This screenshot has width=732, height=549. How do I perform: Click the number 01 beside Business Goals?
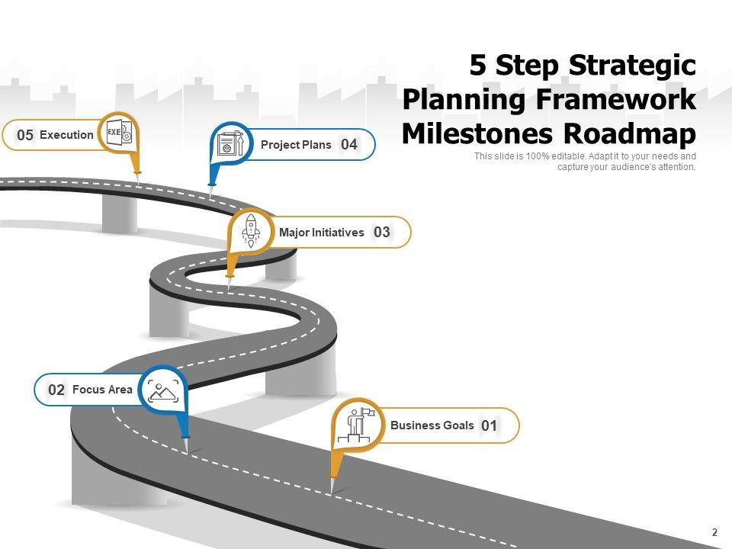pyautogui.click(x=490, y=426)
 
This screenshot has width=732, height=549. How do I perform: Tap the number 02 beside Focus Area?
pyautogui.click(x=56, y=390)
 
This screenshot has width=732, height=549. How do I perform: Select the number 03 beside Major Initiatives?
pyautogui.click(x=382, y=233)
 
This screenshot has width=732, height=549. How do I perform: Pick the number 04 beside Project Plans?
pyautogui.click(x=349, y=144)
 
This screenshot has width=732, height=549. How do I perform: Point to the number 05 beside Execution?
pyautogui.click(x=25, y=135)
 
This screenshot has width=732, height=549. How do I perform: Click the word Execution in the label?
pyautogui.click(x=66, y=135)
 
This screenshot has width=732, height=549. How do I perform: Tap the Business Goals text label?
pyautogui.click(x=432, y=425)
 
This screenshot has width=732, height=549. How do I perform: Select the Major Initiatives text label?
pyautogui.click(x=321, y=233)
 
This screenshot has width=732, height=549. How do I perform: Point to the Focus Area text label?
pyautogui.click(x=102, y=390)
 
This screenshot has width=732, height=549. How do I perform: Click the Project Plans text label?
pyautogui.click(x=296, y=144)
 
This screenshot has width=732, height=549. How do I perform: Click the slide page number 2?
pyautogui.click(x=714, y=532)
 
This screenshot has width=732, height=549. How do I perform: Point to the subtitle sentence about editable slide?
pyautogui.click(x=585, y=162)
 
